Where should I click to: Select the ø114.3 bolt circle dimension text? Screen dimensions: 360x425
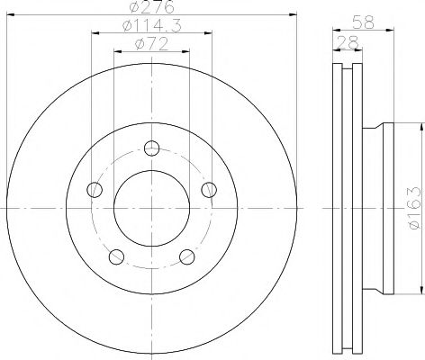point(150,27)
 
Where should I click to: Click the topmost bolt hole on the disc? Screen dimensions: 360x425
point(151,148)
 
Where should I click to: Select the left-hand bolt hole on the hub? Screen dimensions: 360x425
point(94,189)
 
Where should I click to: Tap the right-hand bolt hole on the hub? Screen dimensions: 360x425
point(209,189)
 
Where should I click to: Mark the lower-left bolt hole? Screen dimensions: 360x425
point(115,256)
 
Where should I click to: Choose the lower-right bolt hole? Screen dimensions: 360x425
point(187,256)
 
